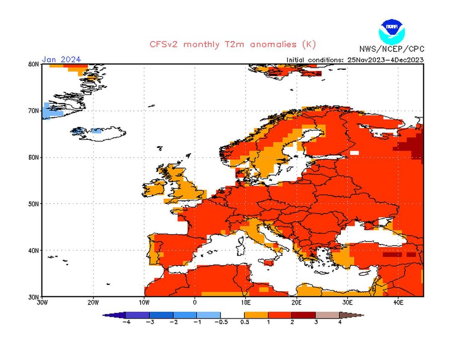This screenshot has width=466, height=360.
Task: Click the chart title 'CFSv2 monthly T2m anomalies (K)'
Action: click(233, 44)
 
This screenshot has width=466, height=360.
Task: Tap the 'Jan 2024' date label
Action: click(61, 59)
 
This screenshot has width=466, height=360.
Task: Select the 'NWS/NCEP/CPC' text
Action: click(391, 49)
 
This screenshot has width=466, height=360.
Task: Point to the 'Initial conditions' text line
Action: click(355, 60)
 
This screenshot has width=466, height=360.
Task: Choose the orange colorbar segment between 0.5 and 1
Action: click(256, 314)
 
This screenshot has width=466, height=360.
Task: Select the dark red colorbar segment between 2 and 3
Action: click(304, 314)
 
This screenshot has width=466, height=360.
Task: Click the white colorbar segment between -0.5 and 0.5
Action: click(233, 314)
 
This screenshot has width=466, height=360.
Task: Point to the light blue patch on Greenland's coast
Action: click(47, 112)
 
